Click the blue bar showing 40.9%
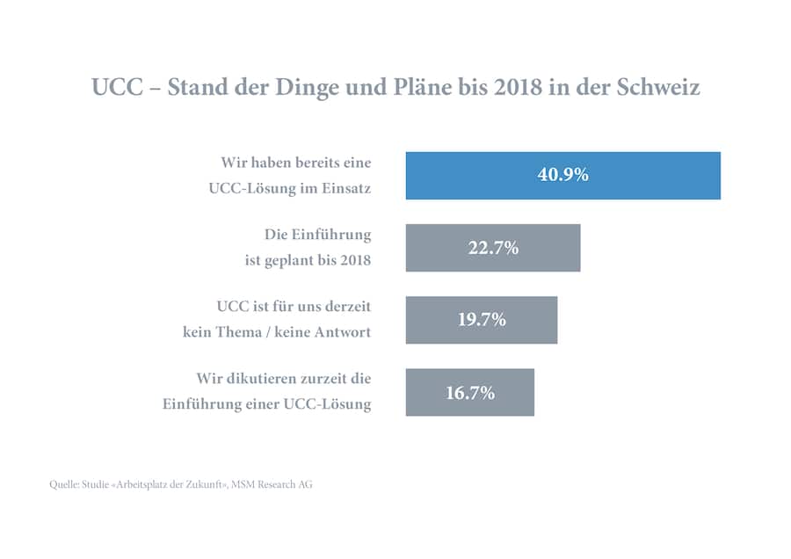pos(562,175)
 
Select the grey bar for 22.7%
pos(492,247)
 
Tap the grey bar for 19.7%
pos(481,319)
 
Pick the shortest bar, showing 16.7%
pos(469,392)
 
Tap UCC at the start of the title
pos(112,89)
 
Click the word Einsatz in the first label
pos(345,187)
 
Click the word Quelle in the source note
pos(64,484)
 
